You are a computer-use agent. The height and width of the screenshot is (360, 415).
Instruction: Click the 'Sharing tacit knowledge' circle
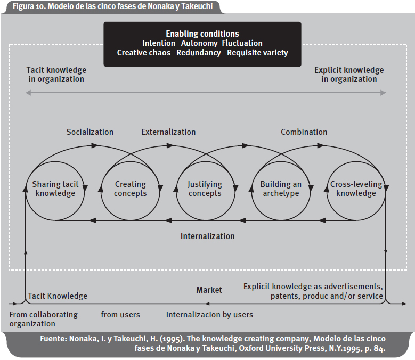tap(55, 189)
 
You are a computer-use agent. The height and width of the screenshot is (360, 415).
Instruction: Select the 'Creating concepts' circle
tap(131, 189)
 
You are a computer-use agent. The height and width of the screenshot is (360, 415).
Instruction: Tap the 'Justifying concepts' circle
tap(205, 189)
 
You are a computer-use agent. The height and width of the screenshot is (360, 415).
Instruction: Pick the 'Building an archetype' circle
tap(281, 189)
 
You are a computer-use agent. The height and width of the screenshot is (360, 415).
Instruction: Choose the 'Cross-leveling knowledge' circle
tap(356, 189)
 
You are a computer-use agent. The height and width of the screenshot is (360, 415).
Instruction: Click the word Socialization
tap(90, 132)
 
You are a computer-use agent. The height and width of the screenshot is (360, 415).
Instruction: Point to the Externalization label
tap(168, 132)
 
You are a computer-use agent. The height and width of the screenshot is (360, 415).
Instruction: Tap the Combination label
tap(304, 132)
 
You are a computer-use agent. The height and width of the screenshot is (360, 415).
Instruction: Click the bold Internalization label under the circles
tap(207, 236)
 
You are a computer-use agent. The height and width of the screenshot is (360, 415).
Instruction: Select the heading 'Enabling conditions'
tap(202, 34)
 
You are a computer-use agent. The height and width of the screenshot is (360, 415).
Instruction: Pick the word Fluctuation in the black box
tap(242, 43)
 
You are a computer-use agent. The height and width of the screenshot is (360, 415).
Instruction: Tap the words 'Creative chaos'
tap(144, 53)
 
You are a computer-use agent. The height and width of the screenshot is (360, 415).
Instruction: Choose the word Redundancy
tap(199, 53)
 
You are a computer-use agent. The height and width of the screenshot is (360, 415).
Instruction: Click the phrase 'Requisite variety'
tap(257, 53)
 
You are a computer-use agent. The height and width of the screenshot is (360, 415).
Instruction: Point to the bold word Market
tap(209, 290)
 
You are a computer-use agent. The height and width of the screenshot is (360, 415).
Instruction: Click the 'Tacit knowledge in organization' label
tap(56, 75)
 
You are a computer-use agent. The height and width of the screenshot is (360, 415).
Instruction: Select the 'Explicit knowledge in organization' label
tap(349, 75)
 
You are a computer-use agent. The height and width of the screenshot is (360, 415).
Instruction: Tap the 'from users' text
tap(120, 315)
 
